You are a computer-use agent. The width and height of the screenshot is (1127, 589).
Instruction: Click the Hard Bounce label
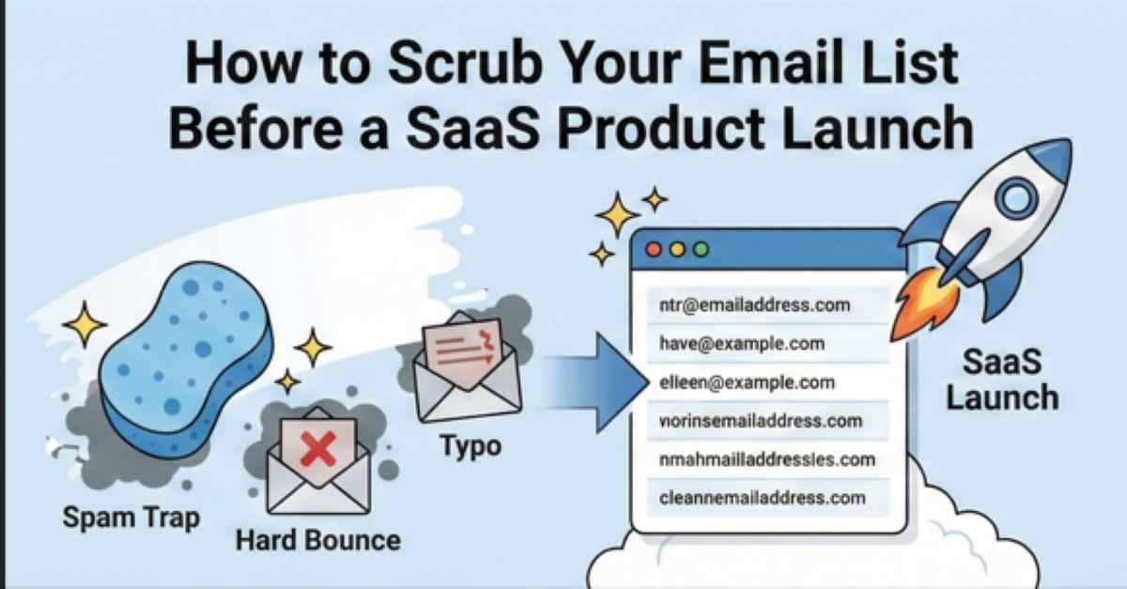pos(317,540)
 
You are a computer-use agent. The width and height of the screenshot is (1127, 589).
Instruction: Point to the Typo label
pos(471,445)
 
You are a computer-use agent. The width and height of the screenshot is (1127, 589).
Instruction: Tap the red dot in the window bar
pos(655,251)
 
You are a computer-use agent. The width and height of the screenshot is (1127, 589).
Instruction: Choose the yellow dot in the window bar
pos(676,251)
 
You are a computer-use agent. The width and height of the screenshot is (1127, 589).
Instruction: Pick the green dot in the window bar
pos(699,251)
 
